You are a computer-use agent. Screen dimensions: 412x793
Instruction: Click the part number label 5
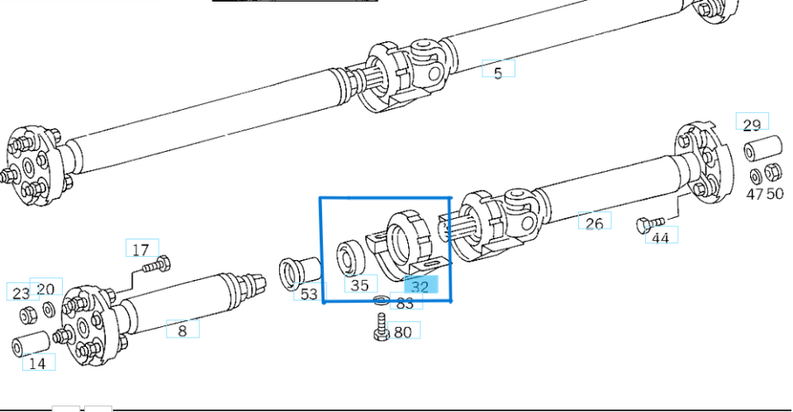[x=498, y=73]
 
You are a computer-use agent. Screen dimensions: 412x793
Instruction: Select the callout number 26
[x=595, y=222]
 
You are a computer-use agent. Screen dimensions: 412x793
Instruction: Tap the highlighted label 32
[x=420, y=287]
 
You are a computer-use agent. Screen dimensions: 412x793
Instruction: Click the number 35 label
[x=360, y=285]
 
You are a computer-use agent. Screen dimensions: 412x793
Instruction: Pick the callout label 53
[x=309, y=293]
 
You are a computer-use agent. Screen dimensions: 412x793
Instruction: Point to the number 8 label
[x=183, y=330]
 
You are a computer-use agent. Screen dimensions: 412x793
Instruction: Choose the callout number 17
[x=141, y=249]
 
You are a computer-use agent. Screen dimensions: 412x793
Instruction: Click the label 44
[x=661, y=238]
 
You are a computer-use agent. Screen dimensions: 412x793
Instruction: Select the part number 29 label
[x=752, y=125]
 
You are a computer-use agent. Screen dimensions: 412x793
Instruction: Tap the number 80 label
[x=403, y=332]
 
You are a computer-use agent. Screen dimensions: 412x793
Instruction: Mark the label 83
[x=405, y=303]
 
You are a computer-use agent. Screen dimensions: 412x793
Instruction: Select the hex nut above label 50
[x=773, y=173]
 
